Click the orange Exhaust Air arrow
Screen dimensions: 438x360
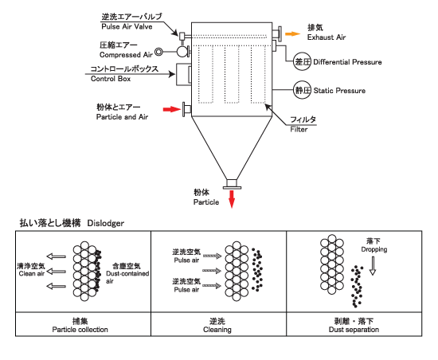(292, 33)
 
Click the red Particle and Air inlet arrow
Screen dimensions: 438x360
(172, 109)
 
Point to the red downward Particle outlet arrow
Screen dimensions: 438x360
(232, 199)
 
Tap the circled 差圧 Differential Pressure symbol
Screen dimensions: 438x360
(302, 61)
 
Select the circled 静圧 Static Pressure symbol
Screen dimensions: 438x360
(302, 90)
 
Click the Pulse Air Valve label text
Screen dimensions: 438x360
(127, 26)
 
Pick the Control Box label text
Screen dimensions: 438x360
(111, 79)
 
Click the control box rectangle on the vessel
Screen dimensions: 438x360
(183, 74)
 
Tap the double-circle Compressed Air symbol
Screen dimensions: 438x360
(158, 52)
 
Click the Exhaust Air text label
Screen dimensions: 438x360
(327, 37)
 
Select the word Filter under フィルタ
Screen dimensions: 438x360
(299, 129)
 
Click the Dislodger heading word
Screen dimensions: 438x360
(106, 223)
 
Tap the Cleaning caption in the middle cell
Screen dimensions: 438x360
(217, 330)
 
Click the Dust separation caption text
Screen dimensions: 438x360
(354, 330)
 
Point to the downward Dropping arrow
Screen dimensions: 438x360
(373, 266)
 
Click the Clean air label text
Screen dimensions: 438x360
(32, 274)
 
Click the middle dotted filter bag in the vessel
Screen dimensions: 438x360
(232, 74)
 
